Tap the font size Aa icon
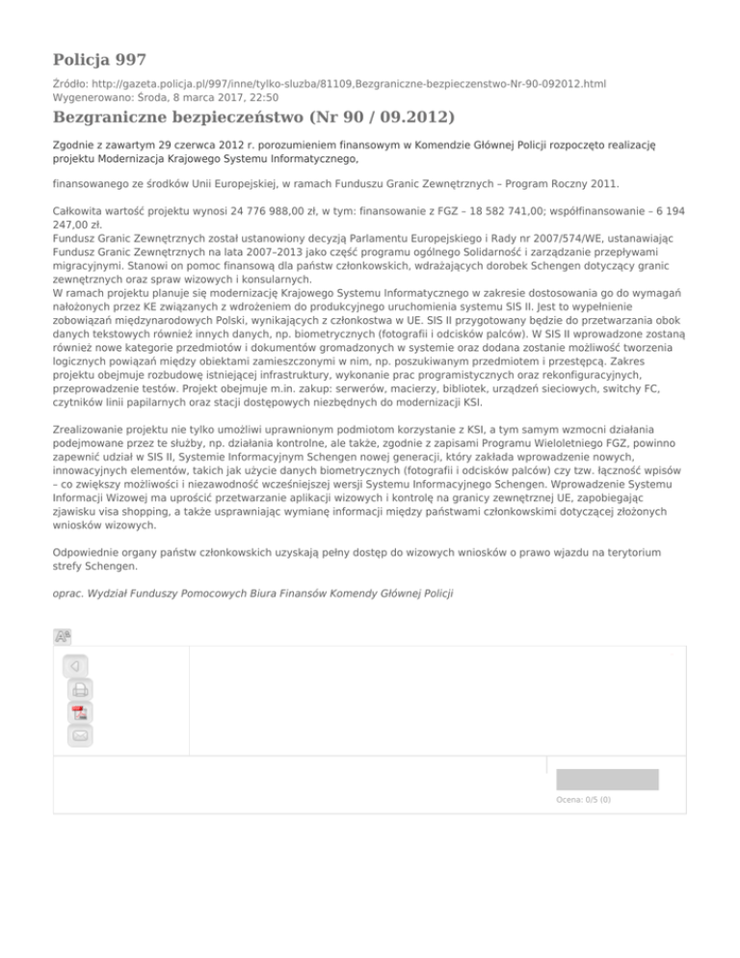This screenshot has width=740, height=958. pos(63,636)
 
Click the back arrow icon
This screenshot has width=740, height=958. pos(75,666)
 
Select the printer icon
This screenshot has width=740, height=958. pos(80,690)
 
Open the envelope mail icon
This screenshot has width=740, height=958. pos(80,736)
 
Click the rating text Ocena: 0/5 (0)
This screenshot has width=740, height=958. pos(583,799)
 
